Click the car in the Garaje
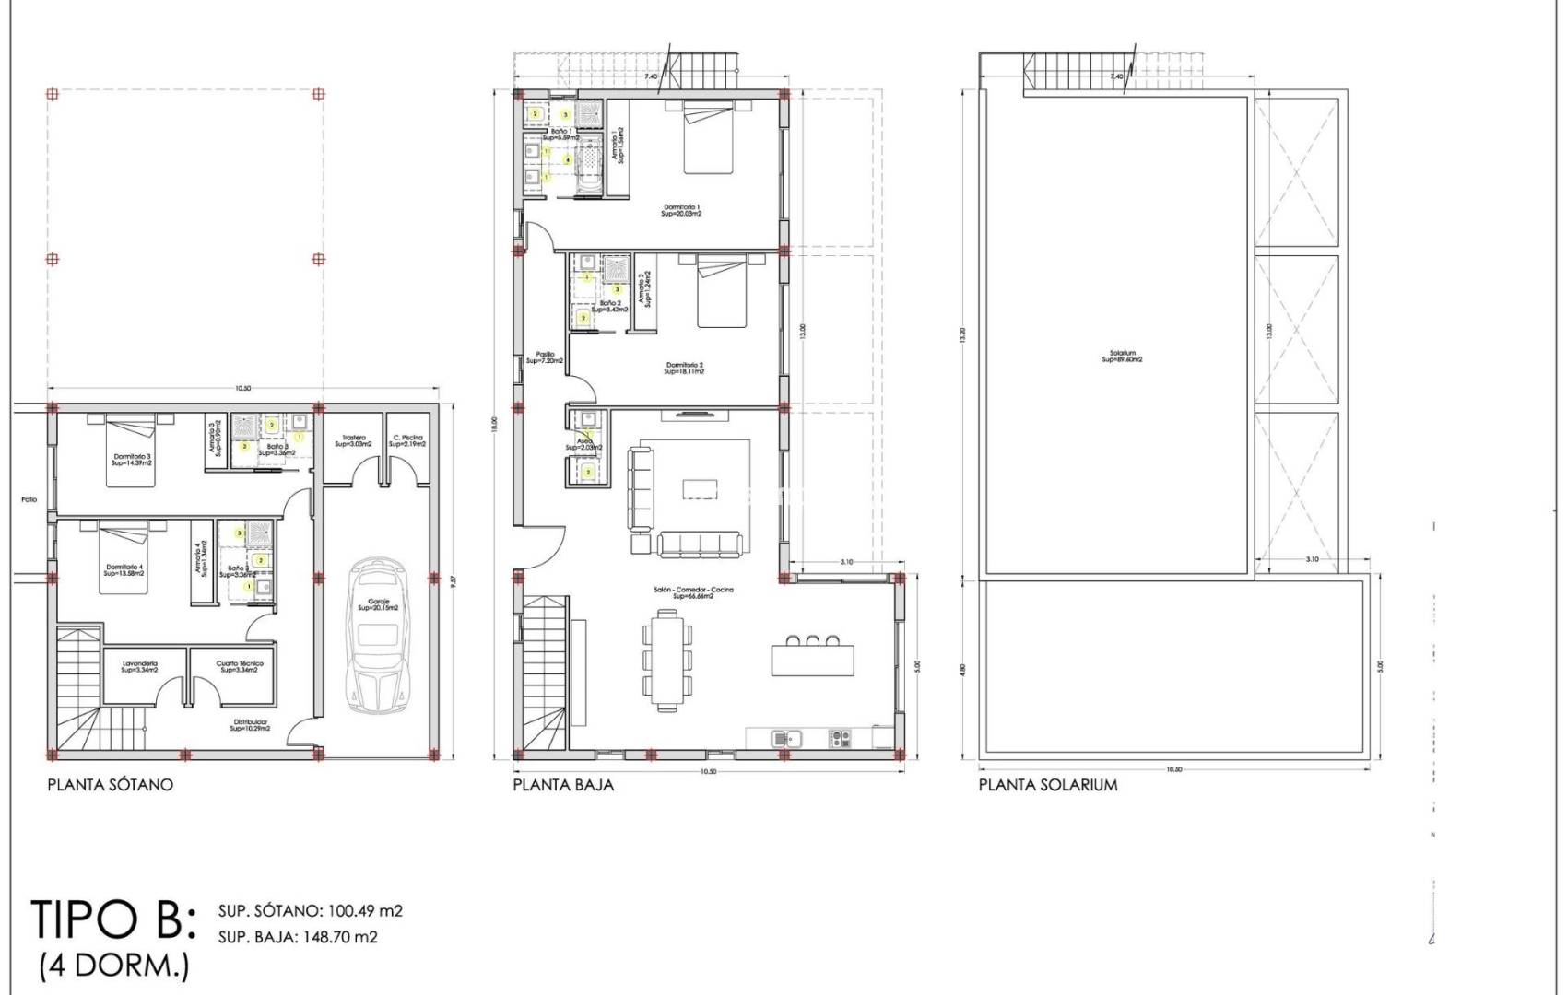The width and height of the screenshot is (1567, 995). [x=377, y=636]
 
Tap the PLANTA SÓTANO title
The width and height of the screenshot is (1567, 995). [x=110, y=785]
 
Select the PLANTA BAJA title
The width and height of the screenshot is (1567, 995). [x=562, y=785]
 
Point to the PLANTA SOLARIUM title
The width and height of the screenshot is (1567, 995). [x=1047, y=785]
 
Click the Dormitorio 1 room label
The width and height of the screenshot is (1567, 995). [x=682, y=210]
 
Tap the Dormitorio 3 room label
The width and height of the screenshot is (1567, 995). [x=133, y=459]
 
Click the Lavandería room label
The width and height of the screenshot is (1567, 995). [x=139, y=666]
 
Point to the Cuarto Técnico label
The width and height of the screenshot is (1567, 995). [x=240, y=666]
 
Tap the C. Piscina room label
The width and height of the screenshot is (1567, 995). [x=406, y=440]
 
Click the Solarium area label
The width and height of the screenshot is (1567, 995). [x=1122, y=356]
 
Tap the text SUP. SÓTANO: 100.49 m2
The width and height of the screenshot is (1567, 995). [x=311, y=911]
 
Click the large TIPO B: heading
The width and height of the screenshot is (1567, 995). [x=113, y=919]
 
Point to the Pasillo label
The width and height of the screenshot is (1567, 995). [x=545, y=357]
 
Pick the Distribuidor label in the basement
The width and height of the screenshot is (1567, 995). [x=249, y=724]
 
